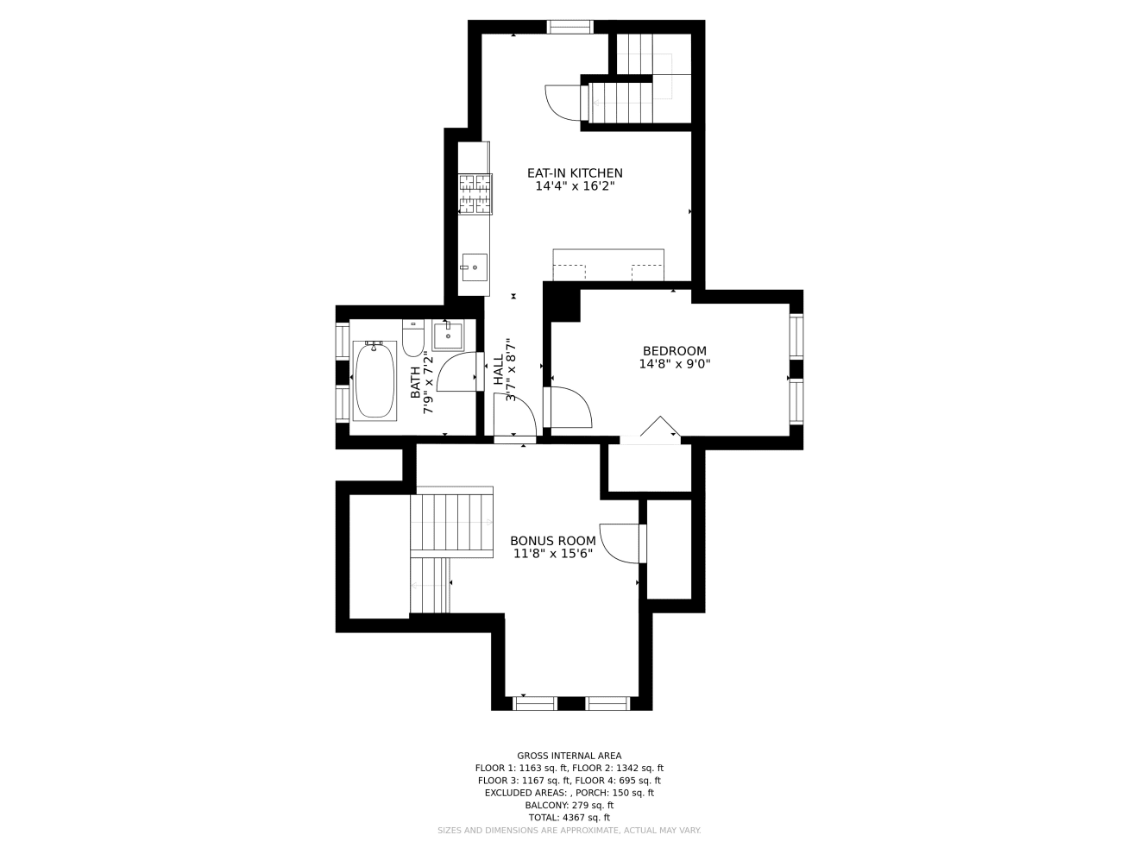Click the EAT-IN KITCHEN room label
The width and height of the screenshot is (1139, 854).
[575, 173]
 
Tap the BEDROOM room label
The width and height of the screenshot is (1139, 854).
[674, 351]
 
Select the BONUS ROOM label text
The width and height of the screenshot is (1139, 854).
[552, 541]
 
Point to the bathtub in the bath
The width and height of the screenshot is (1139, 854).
[374, 380]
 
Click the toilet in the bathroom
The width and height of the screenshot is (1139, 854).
[413, 337]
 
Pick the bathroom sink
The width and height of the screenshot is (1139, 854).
[449, 336]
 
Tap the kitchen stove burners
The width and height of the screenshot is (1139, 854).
[475, 194]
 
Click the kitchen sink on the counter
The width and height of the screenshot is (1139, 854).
[475, 267]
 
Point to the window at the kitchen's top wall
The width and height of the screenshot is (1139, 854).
[569, 27]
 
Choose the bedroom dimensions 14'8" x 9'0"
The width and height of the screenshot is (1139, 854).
[674, 364]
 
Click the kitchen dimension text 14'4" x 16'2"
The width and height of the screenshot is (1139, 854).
[575, 186]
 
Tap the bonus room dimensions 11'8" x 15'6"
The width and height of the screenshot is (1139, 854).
[552, 554]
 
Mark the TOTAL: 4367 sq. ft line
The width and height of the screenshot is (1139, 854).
[569, 818]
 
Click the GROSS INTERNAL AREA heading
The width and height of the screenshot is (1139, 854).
[569, 756]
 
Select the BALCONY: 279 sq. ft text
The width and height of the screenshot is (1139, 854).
[569, 805]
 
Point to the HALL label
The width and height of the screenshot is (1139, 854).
[498, 370]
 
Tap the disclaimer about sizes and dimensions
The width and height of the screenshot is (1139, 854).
[569, 831]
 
